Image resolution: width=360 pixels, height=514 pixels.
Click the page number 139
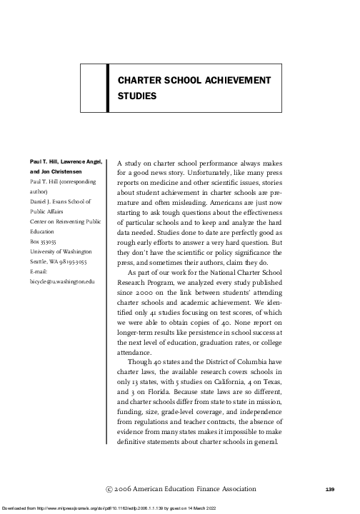329,489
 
